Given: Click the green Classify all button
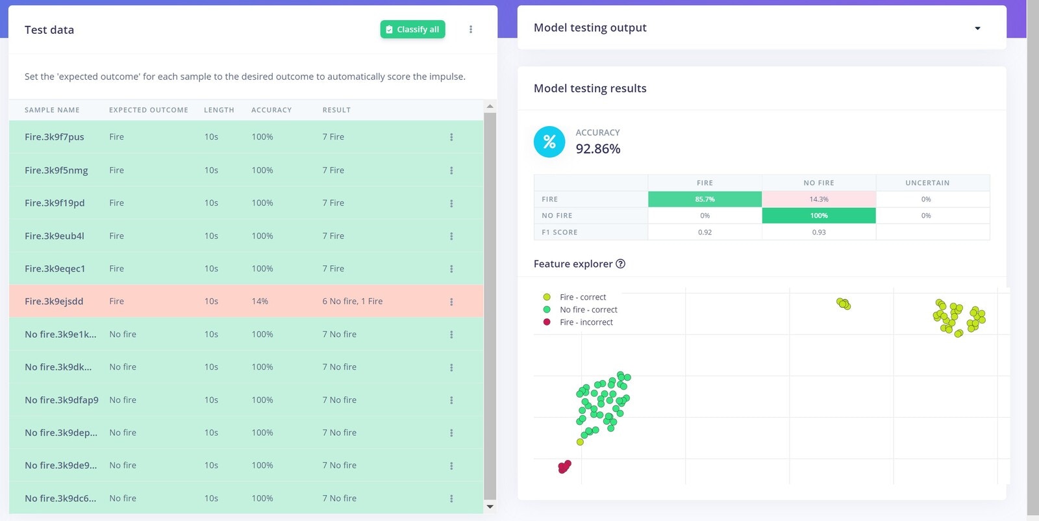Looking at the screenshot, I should pos(412,29).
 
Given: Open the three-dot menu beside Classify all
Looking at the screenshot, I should pos(471,29).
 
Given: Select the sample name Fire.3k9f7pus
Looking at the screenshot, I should pos(55,137).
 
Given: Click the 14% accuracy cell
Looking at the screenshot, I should pos(260,301).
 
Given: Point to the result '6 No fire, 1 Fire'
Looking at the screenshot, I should pos(353,301).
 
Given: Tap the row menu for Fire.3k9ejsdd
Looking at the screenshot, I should pos(451,301).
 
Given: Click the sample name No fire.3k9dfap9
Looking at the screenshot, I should pos(62,400).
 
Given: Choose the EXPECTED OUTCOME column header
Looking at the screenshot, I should pos(149,110).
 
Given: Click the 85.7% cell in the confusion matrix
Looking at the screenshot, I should pos(705,199).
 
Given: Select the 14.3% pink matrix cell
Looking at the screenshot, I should pos(818,199).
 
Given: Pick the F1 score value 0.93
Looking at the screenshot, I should pos(818,232).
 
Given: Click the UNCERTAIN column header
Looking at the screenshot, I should pos(927,183).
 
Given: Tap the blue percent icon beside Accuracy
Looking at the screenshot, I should pos(549,142).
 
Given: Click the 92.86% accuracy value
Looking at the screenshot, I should pos(598,149).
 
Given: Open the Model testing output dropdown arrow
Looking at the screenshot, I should pos(977,28).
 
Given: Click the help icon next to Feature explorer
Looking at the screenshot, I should pos(620,264).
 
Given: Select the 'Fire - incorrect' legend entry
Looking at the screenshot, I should pos(586,322).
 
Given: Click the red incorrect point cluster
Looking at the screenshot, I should pos(564,466).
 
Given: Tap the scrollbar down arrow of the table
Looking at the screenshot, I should pos(490,507).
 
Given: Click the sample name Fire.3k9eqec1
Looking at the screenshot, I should pos(55,268).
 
